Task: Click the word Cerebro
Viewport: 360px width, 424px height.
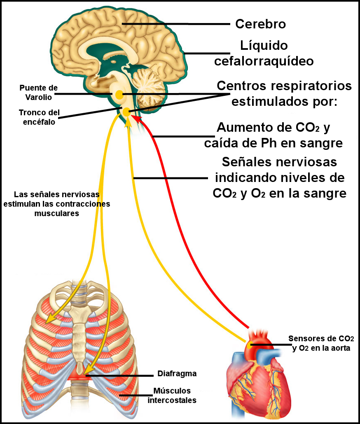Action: [x=260, y=24]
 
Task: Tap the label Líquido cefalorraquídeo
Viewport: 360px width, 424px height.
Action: [x=264, y=53]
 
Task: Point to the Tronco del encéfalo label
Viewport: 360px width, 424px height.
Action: [x=39, y=116]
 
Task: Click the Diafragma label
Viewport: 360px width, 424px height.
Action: [x=177, y=374]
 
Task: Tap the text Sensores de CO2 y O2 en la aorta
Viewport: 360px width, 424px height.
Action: [x=321, y=343]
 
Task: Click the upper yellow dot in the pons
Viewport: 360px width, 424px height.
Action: [x=119, y=95]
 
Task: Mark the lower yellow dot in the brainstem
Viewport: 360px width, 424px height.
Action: [x=126, y=111]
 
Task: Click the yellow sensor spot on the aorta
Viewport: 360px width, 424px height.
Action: [x=250, y=342]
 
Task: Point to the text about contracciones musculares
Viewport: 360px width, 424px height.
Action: [x=57, y=204]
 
